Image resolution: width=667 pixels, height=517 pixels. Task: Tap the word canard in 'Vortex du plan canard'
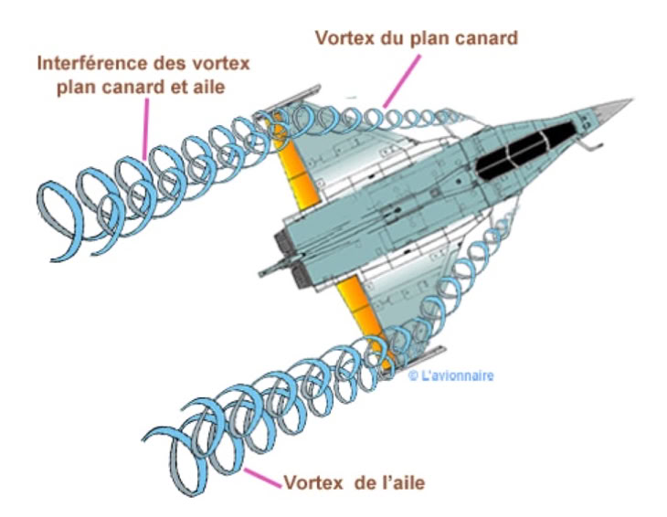pyautogui.click(x=484, y=38)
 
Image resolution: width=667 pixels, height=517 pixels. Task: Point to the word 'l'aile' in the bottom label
pyautogui.click(x=400, y=481)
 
